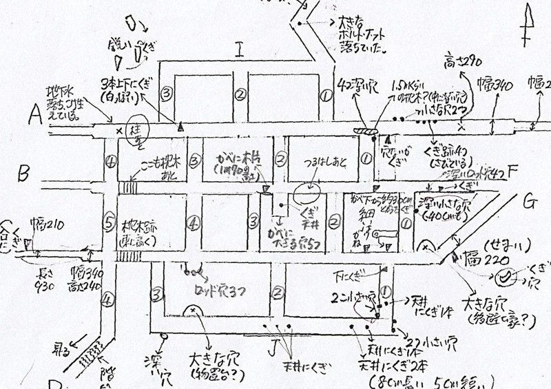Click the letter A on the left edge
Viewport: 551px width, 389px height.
(32, 118)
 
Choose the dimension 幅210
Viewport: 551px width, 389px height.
(45, 223)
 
